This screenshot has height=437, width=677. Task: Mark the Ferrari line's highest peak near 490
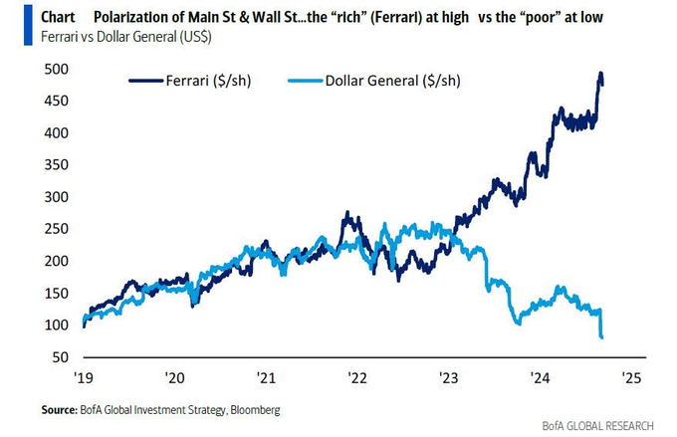[600, 73]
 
